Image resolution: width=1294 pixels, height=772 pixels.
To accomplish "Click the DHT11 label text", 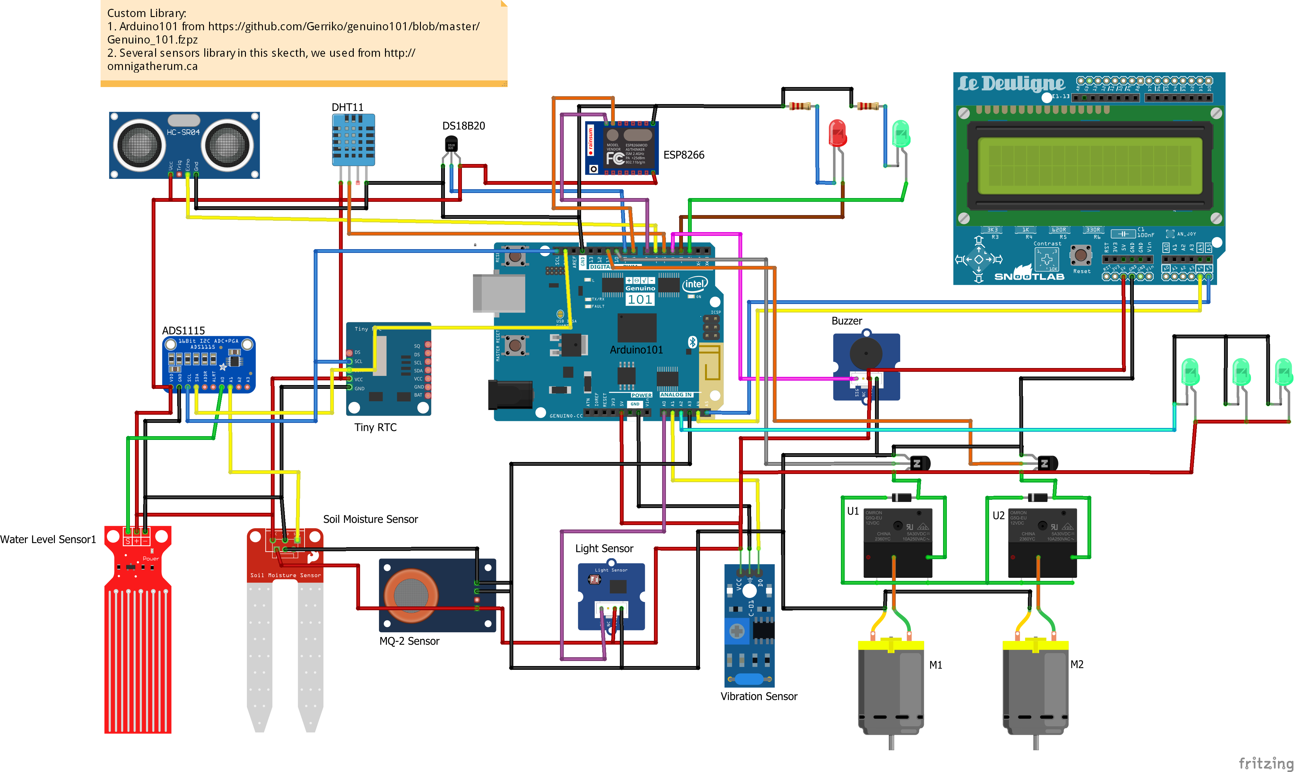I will click(347, 107).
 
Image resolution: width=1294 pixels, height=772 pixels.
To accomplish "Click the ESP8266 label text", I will click(683, 155).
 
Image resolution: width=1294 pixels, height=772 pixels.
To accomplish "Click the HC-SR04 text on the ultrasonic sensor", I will click(183, 132).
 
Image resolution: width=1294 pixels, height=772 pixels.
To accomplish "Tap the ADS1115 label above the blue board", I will click(183, 331).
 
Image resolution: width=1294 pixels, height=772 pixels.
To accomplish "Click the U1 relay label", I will click(853, 512).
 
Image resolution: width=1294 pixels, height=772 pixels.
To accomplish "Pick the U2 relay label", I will click(998, 516).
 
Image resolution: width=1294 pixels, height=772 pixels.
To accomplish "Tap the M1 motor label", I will click(936, 665).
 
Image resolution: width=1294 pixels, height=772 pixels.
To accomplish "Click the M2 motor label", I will click(1077, 664).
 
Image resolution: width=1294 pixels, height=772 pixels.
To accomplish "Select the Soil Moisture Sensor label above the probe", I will click(370, 519).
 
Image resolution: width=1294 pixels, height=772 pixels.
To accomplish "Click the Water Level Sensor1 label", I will click(48, 540).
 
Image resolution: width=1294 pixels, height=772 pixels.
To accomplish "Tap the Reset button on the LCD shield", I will click(1081, 255).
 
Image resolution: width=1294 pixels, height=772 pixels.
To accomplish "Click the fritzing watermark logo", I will click(1265, 763).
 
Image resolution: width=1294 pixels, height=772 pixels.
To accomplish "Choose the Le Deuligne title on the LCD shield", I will click(1011, 83).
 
